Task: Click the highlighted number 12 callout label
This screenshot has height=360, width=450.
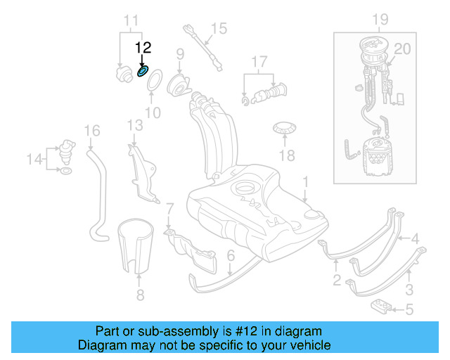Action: point(143,48)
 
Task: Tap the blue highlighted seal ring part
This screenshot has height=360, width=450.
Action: point(143,71)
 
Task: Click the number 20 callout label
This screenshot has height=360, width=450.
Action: point(402,49)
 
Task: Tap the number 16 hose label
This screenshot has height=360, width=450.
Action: point(93,130)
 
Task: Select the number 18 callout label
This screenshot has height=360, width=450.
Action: point(287,155)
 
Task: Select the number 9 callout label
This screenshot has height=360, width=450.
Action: point(179,53)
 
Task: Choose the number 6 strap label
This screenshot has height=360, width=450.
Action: point(230,258)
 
